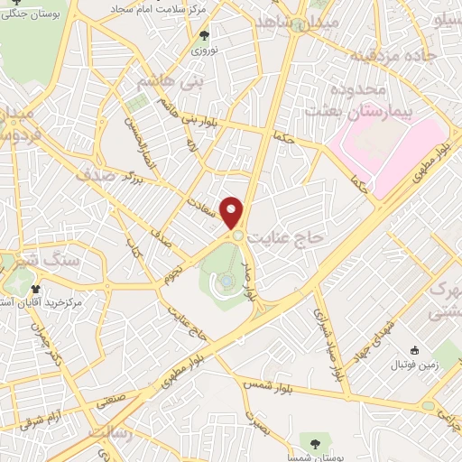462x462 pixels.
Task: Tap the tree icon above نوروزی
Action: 204,37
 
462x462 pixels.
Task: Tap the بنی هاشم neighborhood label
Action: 165,81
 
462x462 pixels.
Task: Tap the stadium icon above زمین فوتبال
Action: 414,350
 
